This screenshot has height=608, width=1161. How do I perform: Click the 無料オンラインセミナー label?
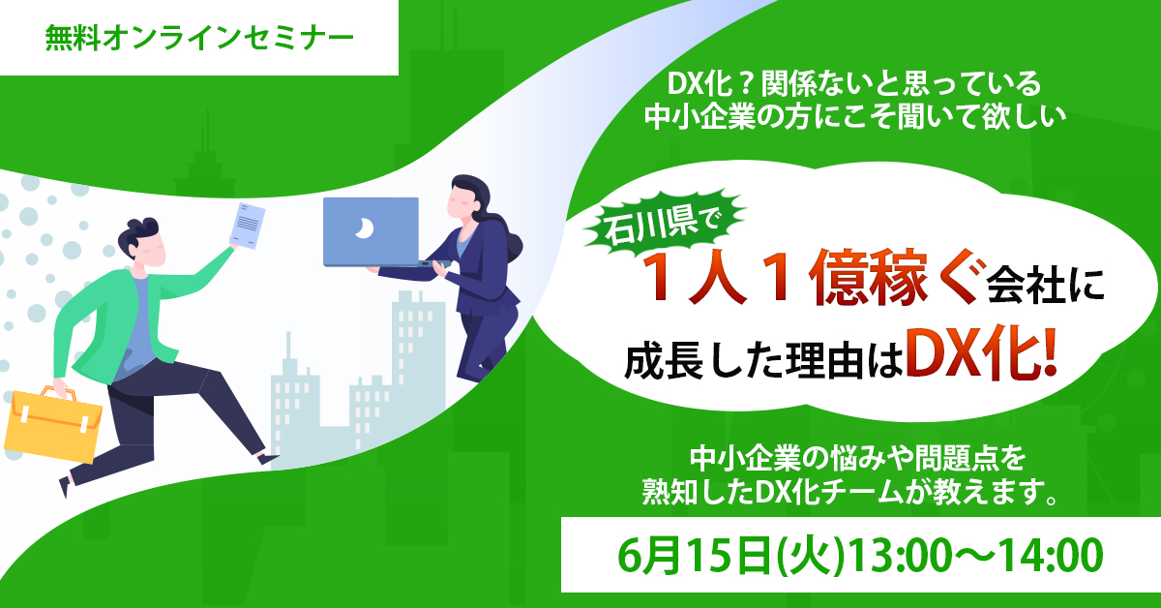tap(198, 39)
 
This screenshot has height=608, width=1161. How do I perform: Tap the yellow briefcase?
tap(54, 425)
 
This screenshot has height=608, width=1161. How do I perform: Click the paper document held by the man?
tap(247, 226)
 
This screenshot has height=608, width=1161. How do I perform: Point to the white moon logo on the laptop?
tap(363, 228)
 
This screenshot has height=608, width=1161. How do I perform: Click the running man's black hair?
tap(141, 232)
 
